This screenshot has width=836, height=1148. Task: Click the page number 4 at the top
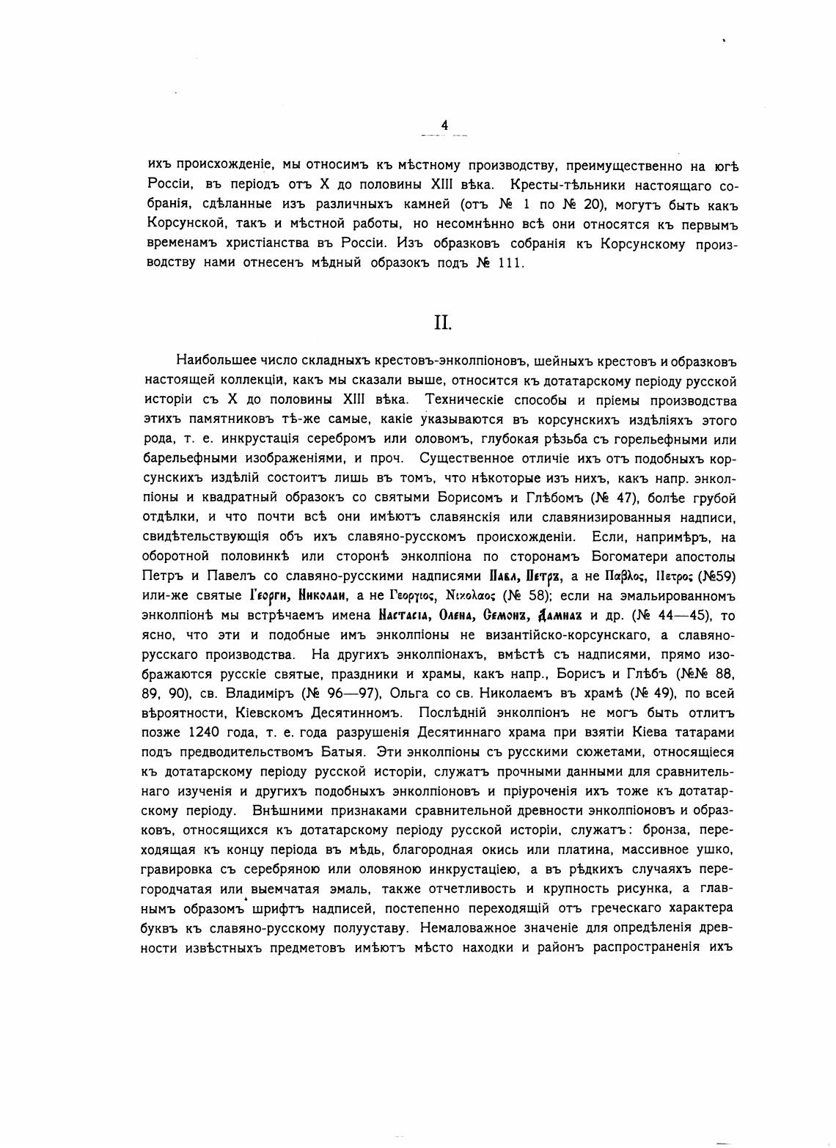tap(444, 125)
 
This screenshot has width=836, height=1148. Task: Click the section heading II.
tap(442, 323)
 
